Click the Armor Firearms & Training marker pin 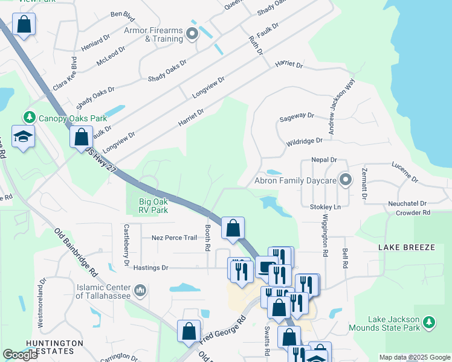click(x=192, y=34)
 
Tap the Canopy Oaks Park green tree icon click(x=28, y=116)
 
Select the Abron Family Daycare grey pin click(x=345, y=180)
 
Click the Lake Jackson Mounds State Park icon click(x=429, y=322)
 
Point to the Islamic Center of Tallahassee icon click(x=140, y=291)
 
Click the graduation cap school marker click(x=23, y=137)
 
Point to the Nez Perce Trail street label click(x=174, y=238)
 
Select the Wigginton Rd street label click(x=324, y=230)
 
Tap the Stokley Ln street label click(x=325, y=207)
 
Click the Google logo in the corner click(x=20, y=355)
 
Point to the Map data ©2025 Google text click(x=414, y=357)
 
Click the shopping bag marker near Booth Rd click(x=233, y=229)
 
